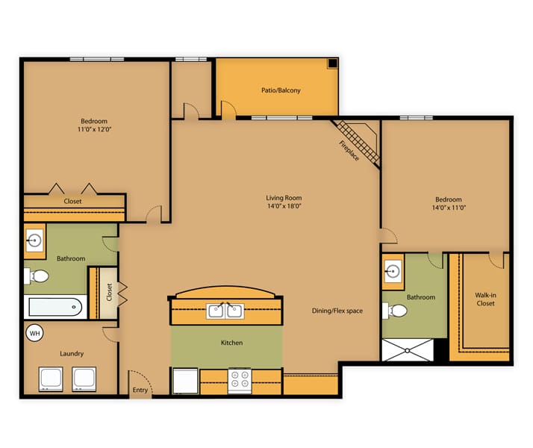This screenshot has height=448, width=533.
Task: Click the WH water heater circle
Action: tap(34, 333)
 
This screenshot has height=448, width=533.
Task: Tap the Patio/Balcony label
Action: tap(281, 90)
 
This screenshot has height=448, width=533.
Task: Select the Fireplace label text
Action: tap(349, 151)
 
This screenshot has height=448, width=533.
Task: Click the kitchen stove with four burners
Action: tap(240, 381)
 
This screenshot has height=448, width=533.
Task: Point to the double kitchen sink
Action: tap(225, 311)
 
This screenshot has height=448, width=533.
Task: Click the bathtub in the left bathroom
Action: tap(55, 307)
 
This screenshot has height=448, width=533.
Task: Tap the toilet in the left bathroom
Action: tap(37, 276)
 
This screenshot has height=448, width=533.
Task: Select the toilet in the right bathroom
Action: tap(395, 311)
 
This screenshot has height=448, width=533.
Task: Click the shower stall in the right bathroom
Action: tap(408, 349)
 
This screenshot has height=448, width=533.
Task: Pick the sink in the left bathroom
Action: tap(34, 240)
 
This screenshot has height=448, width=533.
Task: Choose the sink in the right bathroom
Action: tap(393, 271)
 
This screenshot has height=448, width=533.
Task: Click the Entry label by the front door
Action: tap(140, 390)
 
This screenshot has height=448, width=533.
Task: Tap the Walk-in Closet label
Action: tap(485, 299)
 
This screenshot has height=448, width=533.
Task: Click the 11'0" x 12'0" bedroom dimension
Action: tap(94, 129)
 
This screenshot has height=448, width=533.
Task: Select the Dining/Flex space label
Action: tap(337, 311)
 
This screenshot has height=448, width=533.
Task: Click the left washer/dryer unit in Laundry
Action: tap(51, 379)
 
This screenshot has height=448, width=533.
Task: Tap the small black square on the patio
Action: tap(332, 63)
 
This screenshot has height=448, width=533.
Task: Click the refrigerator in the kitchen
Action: tap(185, 381)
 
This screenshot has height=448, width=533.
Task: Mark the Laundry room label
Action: tap(72, 354)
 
